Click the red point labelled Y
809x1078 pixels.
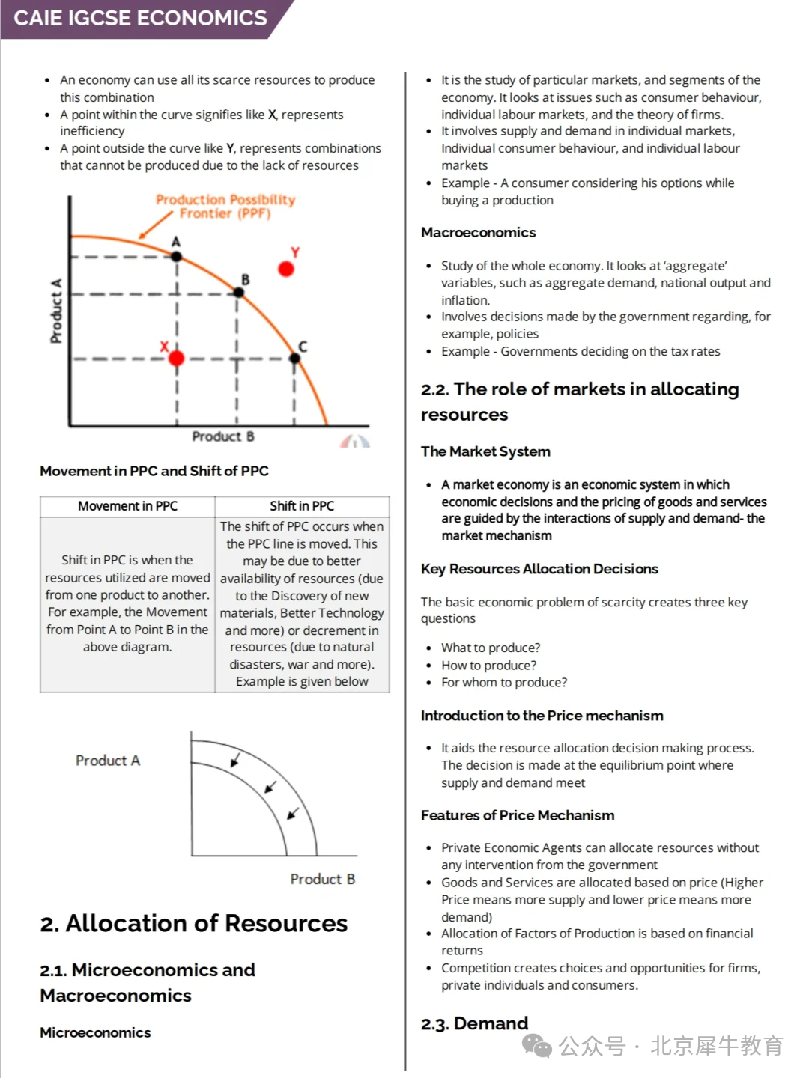[285, 269]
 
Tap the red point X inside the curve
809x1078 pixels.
[176, 359]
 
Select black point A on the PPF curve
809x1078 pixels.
[176, 256]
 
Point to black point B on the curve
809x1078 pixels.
[238, 293]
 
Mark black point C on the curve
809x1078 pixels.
[294, 359]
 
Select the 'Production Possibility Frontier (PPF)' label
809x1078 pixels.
[225, 207]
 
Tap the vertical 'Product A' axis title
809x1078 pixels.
[56, 311]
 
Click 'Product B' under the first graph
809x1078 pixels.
[222, 436]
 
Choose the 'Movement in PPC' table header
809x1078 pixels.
[127, 506]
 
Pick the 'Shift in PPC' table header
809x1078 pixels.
[302, 506]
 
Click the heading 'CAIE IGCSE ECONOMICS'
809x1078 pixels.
[140, 18]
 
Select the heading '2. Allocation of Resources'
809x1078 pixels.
[194, 923]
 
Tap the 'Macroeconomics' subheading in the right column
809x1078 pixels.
[478, 232]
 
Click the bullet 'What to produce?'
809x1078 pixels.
[490, 648]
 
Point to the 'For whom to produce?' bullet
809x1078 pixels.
[503, 682]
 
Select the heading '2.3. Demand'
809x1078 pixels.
[474, 1023]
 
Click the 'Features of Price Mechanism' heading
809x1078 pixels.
[517, 815]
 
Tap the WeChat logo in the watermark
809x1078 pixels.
[536, 1045]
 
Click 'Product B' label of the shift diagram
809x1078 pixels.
[322, 879]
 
